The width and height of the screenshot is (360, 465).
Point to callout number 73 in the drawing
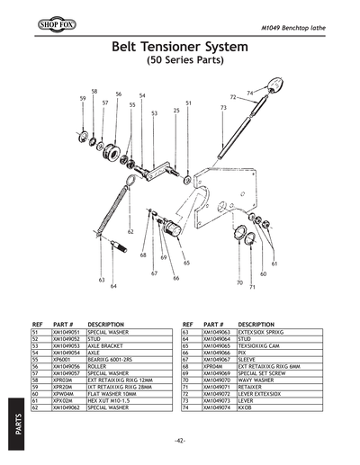(222, 108)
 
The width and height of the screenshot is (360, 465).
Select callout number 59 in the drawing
(83, 97)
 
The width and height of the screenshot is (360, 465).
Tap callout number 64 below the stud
(114, 286)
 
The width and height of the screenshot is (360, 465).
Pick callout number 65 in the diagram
(186, 263)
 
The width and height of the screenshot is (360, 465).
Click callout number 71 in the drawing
(253, 288)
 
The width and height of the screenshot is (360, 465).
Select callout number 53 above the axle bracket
(154, 113)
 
